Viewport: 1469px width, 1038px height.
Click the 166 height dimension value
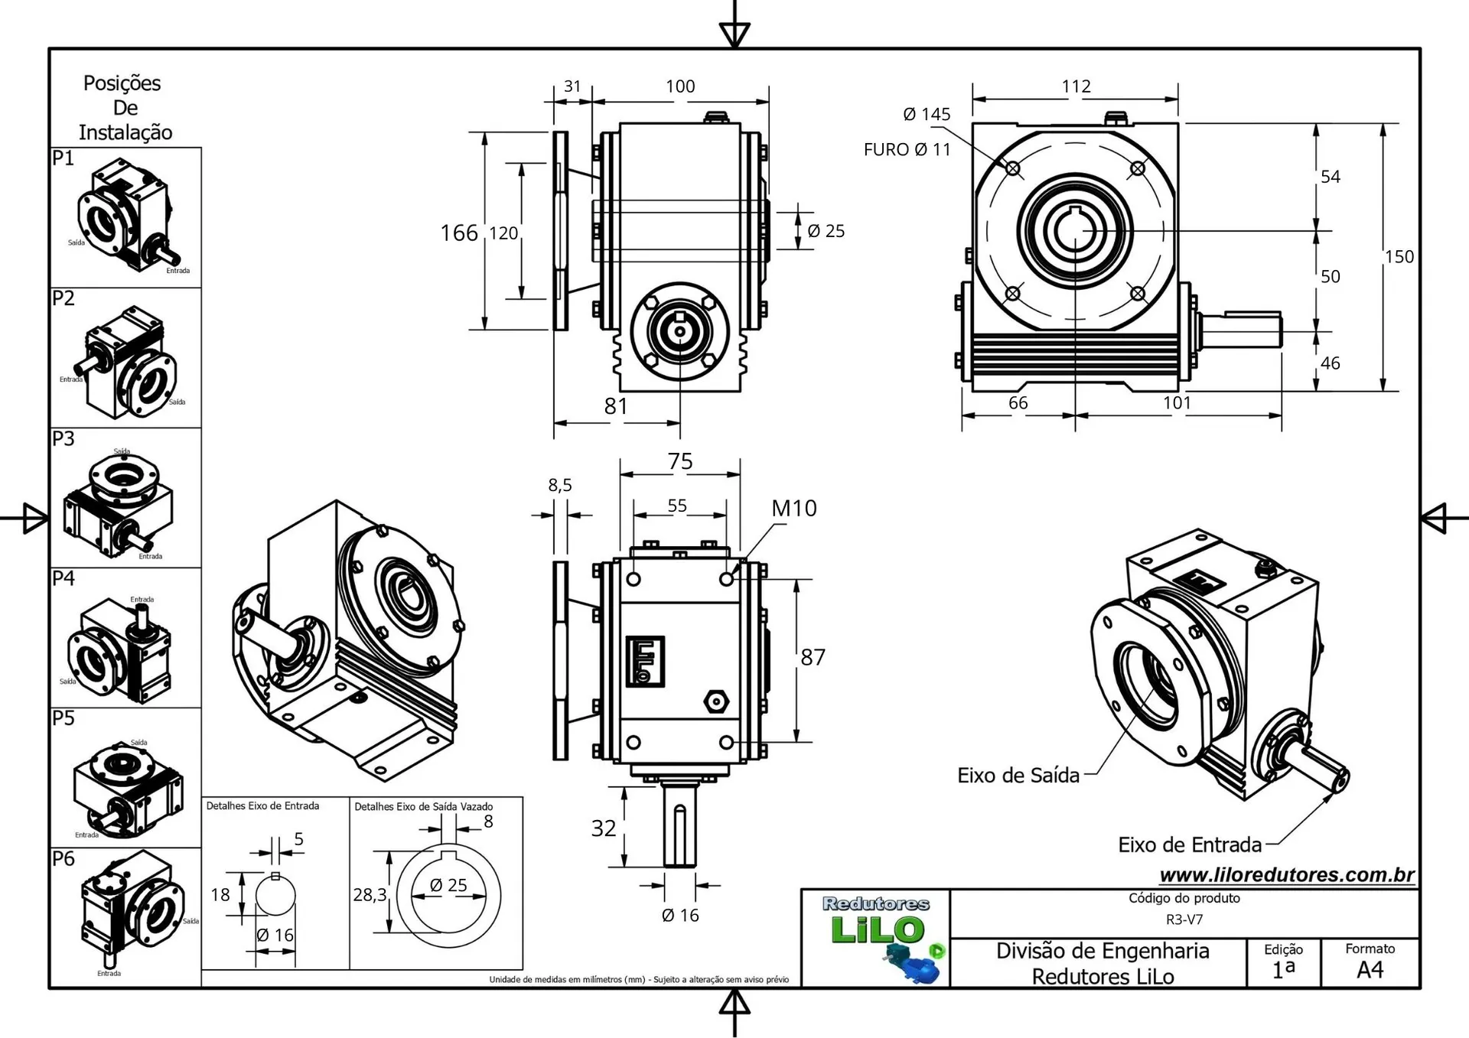[x=458, y=233]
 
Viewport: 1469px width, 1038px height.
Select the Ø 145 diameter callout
[x=926, y=115]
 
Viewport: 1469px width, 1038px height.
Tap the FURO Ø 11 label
[x=907, y=150]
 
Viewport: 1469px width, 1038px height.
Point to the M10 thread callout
[x=793, y=509]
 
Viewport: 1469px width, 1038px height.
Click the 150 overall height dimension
[x=1399, y=257]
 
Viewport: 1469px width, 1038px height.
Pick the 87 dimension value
[x=813, y=657]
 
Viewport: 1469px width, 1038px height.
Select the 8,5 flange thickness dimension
[x=559, y=485]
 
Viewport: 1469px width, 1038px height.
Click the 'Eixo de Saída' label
[x=1018, y=776]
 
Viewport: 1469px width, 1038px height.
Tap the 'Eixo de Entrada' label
[x=1189, y=845]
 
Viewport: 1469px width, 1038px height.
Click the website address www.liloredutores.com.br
[x=1287, y=875]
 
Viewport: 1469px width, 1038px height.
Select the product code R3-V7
[x=1184, y=919]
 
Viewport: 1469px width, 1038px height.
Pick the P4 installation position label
[x=64, y=578]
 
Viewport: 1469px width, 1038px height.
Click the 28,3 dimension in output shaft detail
[x=370, y=894]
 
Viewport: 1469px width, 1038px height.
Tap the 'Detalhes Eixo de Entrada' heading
[x=262, y=806]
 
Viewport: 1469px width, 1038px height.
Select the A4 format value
[x=1370, y=970]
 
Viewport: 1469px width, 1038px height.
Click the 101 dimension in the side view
[x=1177, y=403]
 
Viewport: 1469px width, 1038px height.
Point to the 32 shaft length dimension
[x=603, y=828]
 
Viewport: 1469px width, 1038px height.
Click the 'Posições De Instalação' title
[x=125, y=108]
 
